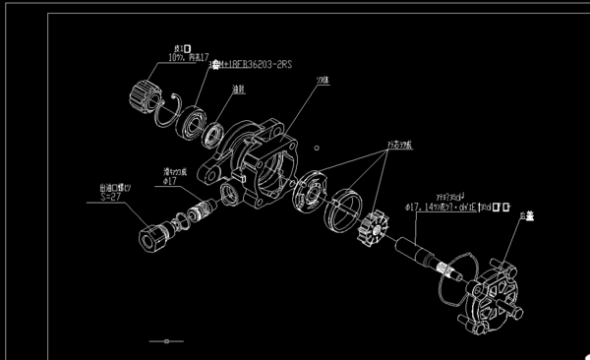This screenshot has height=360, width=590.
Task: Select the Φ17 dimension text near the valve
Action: pyautogui.click(x=168, y=181)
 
